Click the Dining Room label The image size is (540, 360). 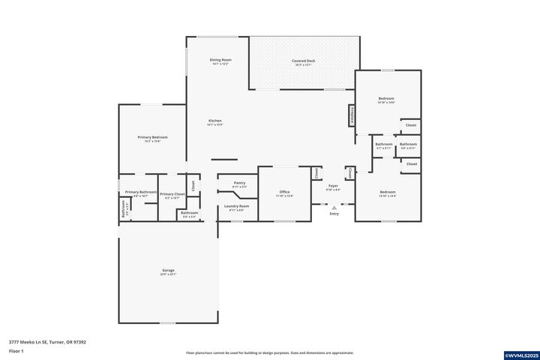tap(220, 60)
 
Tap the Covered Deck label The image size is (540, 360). tap(303, 61)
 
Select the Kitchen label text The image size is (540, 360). tap(215, 121)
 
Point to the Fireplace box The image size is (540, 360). tap(351, 116)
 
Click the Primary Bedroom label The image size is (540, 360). tap(152, 137)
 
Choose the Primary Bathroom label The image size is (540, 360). tap(140, 192)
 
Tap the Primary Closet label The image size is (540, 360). tap(172, 193)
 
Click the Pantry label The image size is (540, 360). tap(239, 182)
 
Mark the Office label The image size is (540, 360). tap(284, 192)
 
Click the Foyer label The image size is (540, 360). tap(333, 185)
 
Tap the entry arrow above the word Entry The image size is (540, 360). tap(334, 208)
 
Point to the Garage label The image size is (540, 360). tap(168, 270)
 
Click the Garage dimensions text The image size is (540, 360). tap(168, 274)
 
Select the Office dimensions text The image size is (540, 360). tap(284, 196)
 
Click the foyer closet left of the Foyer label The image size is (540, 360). tap(316, 172)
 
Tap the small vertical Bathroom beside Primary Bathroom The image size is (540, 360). tap(123, 208)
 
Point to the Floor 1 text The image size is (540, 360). tap(16, 351)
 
